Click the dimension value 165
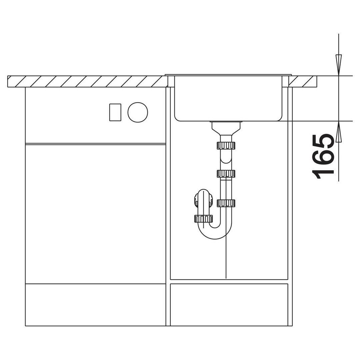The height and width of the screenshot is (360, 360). click(323, 157)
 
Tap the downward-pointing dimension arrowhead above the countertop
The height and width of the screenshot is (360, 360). click(339, 65)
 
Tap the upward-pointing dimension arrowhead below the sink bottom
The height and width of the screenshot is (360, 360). click(339, 132)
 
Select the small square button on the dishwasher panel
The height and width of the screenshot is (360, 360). click(115, 112)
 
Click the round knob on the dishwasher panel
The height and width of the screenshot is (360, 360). click(138, 112)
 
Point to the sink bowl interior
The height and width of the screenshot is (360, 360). click(228, 98)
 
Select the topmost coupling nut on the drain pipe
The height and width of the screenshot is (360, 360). click(226, 145)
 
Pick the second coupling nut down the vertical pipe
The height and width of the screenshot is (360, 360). click(226, 174)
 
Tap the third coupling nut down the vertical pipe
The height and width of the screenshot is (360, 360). click(226, 203)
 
